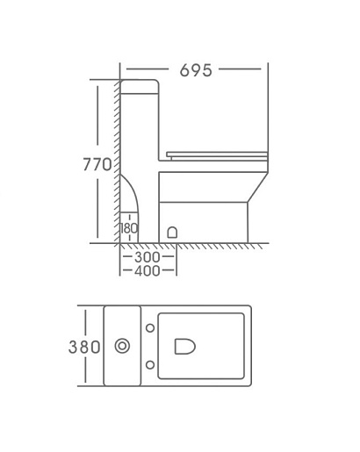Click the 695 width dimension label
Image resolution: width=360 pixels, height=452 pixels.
pos(196,70)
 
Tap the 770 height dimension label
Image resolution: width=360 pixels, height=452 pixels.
pos(97,164)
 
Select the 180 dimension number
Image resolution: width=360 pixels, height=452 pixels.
pos(129,228)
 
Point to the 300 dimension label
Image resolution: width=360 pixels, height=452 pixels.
pos(148,257)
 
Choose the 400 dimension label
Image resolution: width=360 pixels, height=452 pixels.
pos(148,271)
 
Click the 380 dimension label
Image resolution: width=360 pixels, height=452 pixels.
pos(84,348)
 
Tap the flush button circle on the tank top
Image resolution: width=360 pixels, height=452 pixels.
pos(122,346)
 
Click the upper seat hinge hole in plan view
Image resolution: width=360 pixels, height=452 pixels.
pos(150,328)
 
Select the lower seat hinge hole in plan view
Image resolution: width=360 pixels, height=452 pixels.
pos(150,365)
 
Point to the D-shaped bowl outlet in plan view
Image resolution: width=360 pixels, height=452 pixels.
pos(185,347)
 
